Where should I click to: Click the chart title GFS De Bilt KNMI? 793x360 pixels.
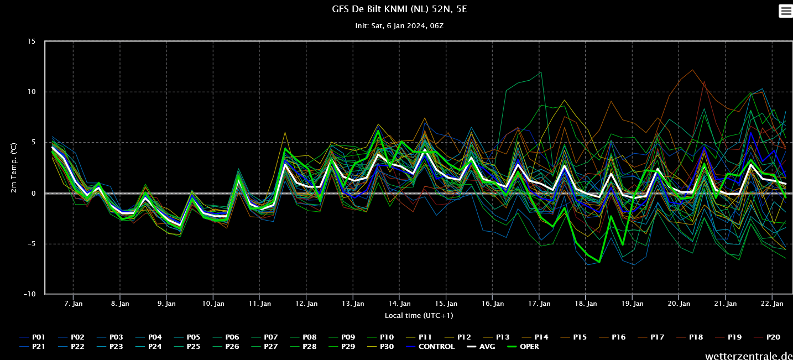pyautogui.click(x=399, y=9)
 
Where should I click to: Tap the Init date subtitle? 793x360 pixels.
pyautogui.click(x=399, y=26)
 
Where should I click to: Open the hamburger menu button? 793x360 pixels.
pyautogui.click(x=786, y=11)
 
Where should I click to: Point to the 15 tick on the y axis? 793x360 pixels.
pyautogui.click(x=32, y=41)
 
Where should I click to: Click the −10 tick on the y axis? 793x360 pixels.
pyautogui.click(x=29, y=294)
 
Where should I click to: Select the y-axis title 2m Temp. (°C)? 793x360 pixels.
pyautogui.click(x=13, y=168)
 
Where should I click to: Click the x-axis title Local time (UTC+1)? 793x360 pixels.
pyautogui.click(x=419, y=315)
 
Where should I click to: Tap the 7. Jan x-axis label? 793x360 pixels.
pyautogui.click(x=74, y=304)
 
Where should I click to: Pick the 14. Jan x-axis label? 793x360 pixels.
pyautogui.click(x=399, y=304)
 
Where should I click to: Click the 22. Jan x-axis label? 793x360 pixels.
pyautogui.click(x=772, y=304)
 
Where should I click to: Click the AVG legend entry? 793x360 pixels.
pyautogui.click(x=481, y=347)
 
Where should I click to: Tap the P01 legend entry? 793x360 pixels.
pyautogui.click(x=33, y=337)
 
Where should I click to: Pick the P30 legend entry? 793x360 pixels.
pyautogui.click(x=380, y=347)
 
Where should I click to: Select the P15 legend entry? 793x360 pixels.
pyautogui.click(x=573, y=337)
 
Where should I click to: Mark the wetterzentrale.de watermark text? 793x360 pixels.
pyautogui.click(x=749, y=356)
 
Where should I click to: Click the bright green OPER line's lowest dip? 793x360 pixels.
pyautogui.click(x=599, y=262)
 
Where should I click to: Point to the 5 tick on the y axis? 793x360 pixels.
pyautogui.click(x=34, y=142)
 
